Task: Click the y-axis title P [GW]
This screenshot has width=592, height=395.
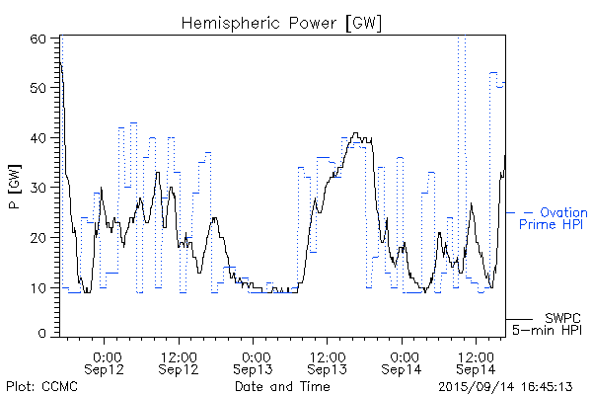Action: pos(14,187)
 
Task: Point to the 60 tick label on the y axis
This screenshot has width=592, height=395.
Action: pos(38,39)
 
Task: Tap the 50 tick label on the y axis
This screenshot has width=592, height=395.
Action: pos(38,88)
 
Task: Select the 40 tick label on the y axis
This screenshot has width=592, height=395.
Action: pos(38,137)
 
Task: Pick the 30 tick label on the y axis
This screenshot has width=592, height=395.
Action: pos(38,188)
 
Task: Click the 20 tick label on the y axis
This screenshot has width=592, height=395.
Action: pos(38,237)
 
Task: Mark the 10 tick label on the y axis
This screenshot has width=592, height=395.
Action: pos(38,287)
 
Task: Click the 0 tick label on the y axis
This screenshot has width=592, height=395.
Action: pos(42,334)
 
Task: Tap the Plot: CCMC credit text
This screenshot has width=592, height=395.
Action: pos(41,385)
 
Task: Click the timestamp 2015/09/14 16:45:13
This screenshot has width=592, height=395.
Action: pos(506,385)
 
